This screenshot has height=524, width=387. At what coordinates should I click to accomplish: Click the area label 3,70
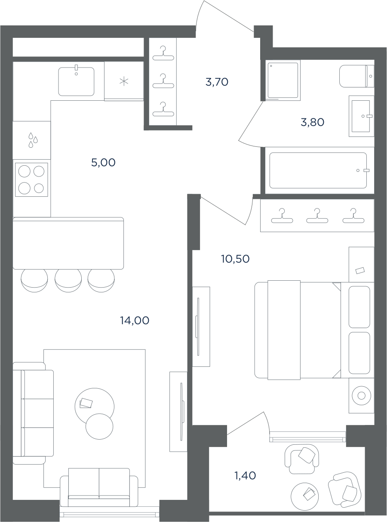pyautogui.click(x=217, y=82)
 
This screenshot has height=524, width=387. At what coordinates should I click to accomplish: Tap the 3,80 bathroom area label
pyautogui.click(x=313, y=122)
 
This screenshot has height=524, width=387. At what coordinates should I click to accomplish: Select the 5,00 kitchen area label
pyautogui.click(x=103, y=163)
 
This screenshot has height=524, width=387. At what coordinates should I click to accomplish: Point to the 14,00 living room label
pyautogui.click(x=135, y=321)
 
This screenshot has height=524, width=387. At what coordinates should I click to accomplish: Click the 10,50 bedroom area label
pyautogui.click(x=235, y=259)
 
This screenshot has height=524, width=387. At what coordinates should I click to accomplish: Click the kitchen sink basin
pyautogui.click(x=76, y=81)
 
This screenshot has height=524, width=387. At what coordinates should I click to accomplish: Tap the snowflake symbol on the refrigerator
pyautogui.click(x=124, y=82)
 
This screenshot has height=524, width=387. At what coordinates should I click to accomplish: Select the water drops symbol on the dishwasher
pyautogui.click(x=33, y=140)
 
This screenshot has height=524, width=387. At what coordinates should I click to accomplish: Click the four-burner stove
pyautogui.click(x=32, y=180)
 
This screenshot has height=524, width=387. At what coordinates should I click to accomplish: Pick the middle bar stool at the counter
pyautogui.click(x=68, y=280)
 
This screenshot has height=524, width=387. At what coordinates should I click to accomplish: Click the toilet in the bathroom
pyautogui.click(x=356, y=76)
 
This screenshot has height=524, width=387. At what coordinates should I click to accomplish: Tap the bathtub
pyautogui.click(x=318, y=171)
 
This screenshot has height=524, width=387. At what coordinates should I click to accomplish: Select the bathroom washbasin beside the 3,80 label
pyautogui.click(x=362, y=116)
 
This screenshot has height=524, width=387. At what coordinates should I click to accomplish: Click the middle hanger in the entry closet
pyautogui.click(x=163, y=81)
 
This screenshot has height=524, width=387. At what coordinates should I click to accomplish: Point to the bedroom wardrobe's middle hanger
pyautogui.click(x=317, y=216)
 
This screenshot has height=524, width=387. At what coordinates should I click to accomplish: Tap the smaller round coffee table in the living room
pyautogui.click(x=99, y=427)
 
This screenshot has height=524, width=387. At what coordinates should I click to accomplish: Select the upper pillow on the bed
pyautogui.click(x=359, y=307)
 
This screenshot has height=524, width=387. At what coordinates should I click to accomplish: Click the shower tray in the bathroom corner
pyautogui.click(x=283, y=81)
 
